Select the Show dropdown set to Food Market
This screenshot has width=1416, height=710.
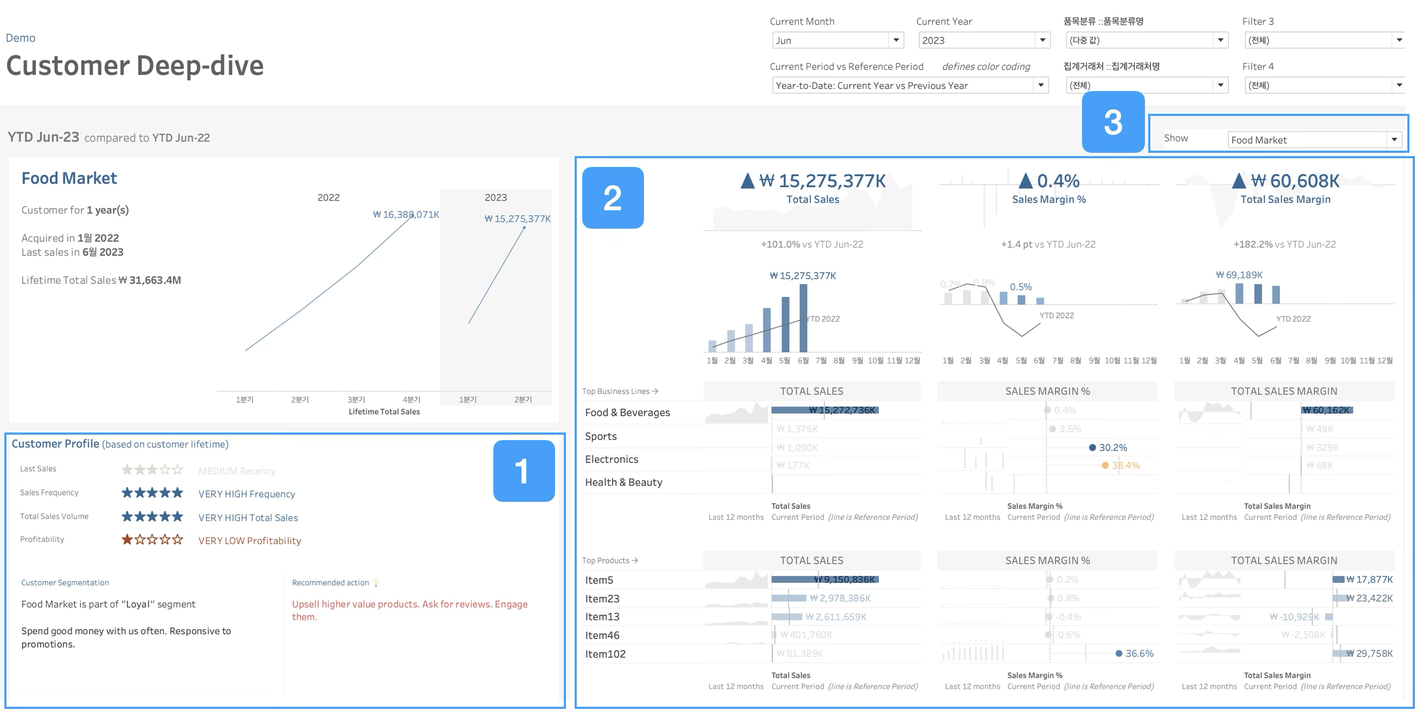coord(1314,140)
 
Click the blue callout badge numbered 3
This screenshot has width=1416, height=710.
coord(1113,122)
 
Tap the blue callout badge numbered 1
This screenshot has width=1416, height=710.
coord(523,470)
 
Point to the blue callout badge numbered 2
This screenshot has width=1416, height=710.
coord(613,198)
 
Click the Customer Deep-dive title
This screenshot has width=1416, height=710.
coord(134,66)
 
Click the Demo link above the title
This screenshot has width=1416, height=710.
coord(21,38)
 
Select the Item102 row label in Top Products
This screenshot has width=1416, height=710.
coord(605,654)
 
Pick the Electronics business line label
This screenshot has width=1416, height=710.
coord(612,460)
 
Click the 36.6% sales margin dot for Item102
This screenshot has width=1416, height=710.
coord(1118,654)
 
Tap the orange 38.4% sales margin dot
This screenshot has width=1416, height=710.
coord(1105,466)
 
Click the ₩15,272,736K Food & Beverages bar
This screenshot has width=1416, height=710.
coord(825,410)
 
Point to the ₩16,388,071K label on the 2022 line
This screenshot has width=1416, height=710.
coord(406,214)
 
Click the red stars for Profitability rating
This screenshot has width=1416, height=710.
coord(152,540)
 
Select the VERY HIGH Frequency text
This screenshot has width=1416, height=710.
coord(246,494)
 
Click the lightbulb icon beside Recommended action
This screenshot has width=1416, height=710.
coord(376,583)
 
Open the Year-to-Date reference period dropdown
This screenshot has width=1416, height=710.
coord(910,85)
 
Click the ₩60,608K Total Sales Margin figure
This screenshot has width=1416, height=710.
coord(1295,181)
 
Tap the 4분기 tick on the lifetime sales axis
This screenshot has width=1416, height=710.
coord(411,399)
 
